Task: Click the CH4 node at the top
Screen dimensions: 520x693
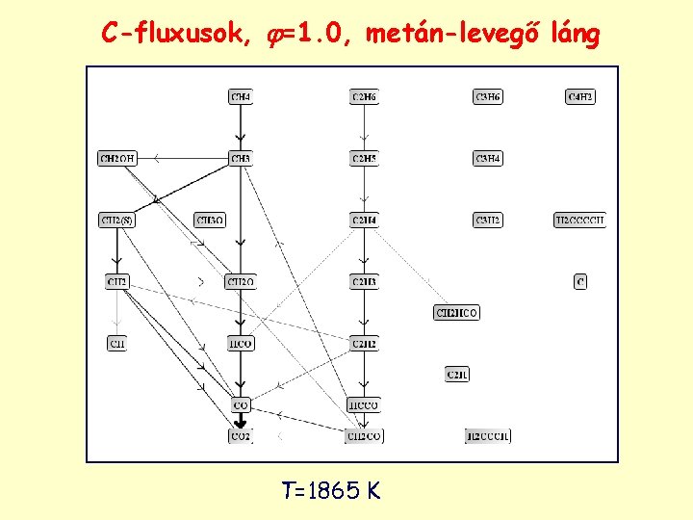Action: pyautogui.click(x=241, y=96)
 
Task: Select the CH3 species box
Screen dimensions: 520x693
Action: pyautogui.click(x=241, y=158)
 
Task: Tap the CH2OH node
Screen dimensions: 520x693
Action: pyautogui.click(x=116, y=158)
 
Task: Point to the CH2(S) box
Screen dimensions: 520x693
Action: pyautogui.click(x=116, y=220)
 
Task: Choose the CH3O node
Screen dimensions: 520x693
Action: pyautogui.click(x=210, y=220)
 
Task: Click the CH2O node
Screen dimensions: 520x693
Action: pyautogui.click(x=241, y=281)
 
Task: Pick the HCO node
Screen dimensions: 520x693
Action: pyautogui.click(x=241, y=343)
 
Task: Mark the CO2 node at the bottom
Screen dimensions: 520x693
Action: pyautogui.click(x=241, y=436)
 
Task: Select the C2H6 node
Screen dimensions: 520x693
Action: pyautogui.click(x=364, y=96)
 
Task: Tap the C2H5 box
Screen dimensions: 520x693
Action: pyautogui.click(x=364, y=158)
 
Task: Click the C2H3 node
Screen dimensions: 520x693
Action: pyautogui.click(x=364, y=281)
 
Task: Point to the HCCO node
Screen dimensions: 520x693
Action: pyautogui.click(x=364, y=405)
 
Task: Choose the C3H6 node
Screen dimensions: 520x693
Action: pyautogui.click(x=487, y=96)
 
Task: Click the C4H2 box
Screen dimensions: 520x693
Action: pyautogui.click(x=580, y=96)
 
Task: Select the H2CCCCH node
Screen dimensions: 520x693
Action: pyautogui.click(x=580, y=220)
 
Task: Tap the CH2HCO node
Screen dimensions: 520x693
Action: pyautogui.click(x=456, y=312)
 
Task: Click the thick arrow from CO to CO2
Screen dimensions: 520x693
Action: pyautogui.click(x=241, y=421)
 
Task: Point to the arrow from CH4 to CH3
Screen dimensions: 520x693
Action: pyautogui.click(x=241, y=127)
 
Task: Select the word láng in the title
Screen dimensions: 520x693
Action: pyautogui.click(x=573, y=35)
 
